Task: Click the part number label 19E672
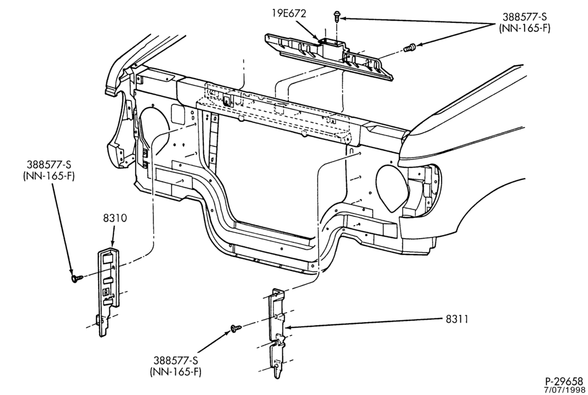[x=289, y=14]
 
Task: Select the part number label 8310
[x=115, y=218]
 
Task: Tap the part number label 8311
[x=457, y=319]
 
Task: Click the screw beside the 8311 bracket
[x=236, y=329]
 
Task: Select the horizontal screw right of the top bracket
[x=410, y=48]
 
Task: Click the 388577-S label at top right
[x=524, y=17]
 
